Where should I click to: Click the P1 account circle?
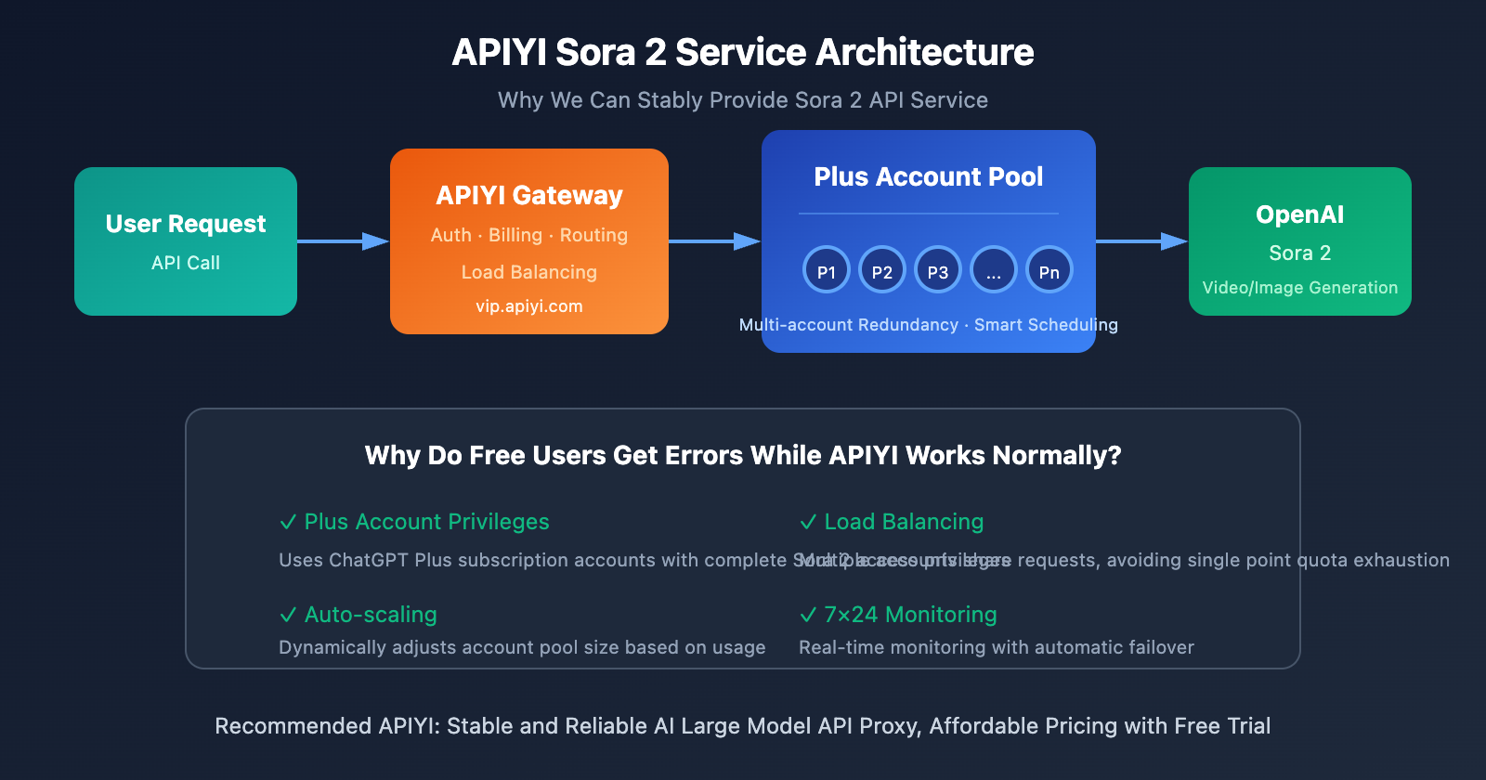pyautogui.click(x=827, y=270)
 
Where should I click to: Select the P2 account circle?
pyautogui.click(x=882, y=270)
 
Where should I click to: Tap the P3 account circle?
pyautogui.click(x=938, y=270)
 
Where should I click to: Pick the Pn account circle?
pyautogui.click(x=1049, y=270)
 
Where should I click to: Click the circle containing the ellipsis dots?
pyautogui.click(x=994, y=270)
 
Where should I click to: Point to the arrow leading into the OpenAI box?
pyautogui.click(x=1142, y=241)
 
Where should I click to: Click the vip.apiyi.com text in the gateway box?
pyautogui.click(x=529, y=306)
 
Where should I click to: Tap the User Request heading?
pyautogui.click(x=186, y=224)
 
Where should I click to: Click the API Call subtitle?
pyautogui.click(x=186, y=263)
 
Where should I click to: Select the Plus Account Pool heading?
pyautogui.click(x=929, y=176)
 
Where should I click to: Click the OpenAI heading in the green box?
pyautogui.click(x=1299, y=214)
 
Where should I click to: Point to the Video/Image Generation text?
pyautogui.click(x=1299, y=288)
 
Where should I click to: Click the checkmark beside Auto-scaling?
pyautogui.click(x=288, y=615)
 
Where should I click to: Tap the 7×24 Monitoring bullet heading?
pyautogui.click(x=910, y=615)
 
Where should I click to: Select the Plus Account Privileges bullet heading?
pyautogui.click(x=427, y=522)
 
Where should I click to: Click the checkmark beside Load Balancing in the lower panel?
pyautogui.click(x=808, y=522)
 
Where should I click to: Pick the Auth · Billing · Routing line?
pyautogui.click(x=529, y=235)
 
